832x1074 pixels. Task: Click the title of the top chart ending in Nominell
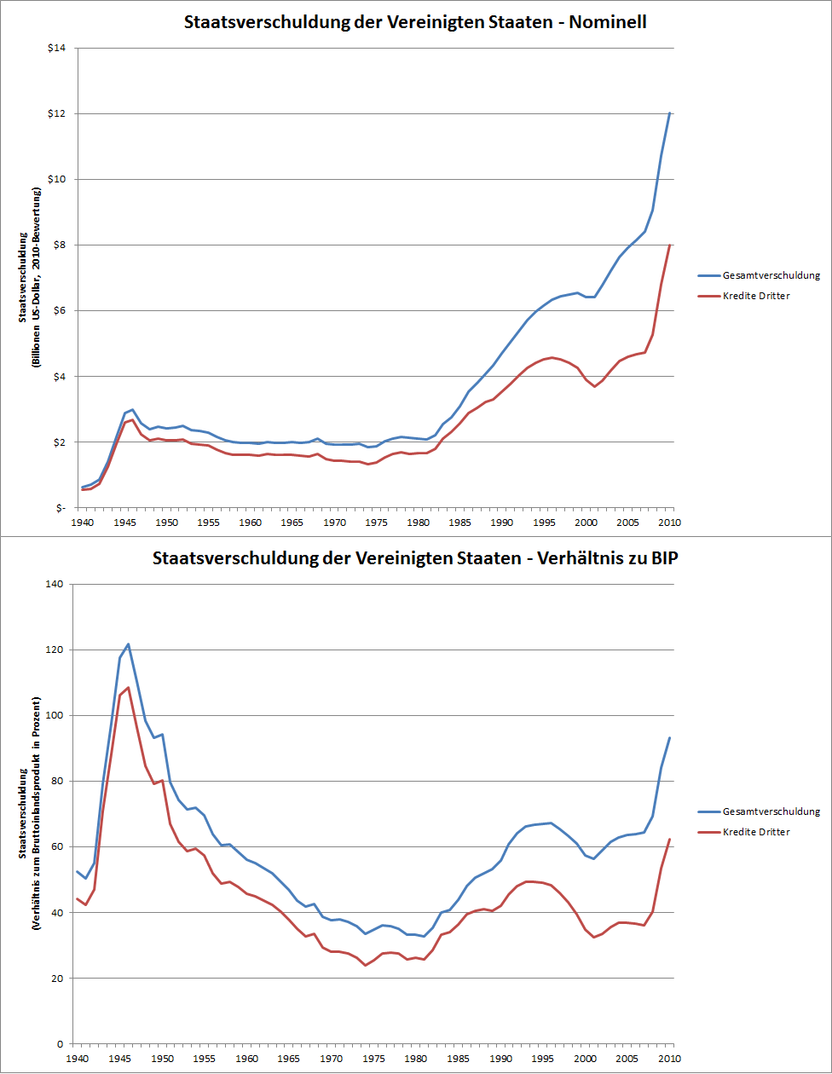[415, 23]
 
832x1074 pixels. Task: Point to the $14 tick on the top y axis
[57, 48]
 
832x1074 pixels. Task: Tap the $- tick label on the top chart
[60, 508]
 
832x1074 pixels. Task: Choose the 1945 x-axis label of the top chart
[124, 522]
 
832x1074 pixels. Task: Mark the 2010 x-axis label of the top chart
[671, 522]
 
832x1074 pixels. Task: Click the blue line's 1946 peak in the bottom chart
[128, 644]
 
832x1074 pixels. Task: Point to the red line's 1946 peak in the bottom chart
[128, 687]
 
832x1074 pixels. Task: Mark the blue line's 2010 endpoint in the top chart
[669, 113]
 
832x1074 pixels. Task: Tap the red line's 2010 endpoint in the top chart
[669, 245]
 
